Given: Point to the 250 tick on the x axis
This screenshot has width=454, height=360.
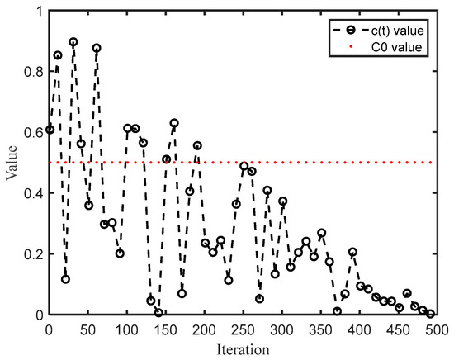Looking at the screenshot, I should tap(244, 329).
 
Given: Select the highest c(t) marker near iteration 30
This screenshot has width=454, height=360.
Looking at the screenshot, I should tap(73, 42).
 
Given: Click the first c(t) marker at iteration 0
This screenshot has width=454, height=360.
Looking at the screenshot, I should tap(50, 129).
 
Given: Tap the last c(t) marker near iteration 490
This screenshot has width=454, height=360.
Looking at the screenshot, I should tap(431, 314).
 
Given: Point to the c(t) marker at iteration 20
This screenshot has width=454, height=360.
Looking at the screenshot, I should tap(65, 279).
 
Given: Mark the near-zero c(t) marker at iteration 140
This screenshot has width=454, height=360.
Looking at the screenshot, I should tap(158, 313).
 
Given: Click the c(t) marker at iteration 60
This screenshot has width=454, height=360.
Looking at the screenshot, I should tap(97, 48).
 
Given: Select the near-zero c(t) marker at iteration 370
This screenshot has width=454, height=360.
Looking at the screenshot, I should tap(338, 311).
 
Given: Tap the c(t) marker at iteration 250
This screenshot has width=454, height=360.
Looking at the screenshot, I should tap(244, 166).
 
